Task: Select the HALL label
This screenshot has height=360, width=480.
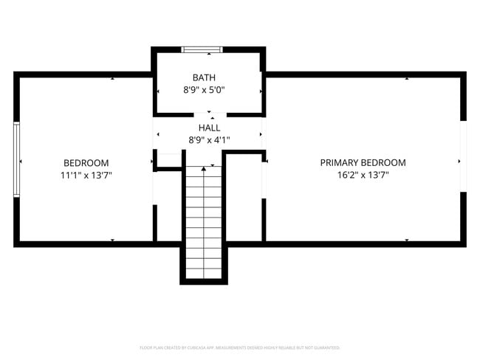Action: (x=208, y=128)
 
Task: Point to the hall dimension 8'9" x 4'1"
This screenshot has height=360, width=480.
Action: (x=208, y=140)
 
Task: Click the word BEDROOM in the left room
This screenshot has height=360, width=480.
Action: (x=86, y=163)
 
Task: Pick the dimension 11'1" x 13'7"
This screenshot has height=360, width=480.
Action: (x=86, y=176)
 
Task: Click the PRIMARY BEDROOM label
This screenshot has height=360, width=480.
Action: (x=363, y=163)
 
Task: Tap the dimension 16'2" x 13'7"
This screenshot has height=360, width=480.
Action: (x=363, y=176)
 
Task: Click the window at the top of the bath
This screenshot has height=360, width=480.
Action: (x=202, y=50)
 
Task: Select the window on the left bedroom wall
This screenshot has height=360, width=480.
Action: (x=16, y=159)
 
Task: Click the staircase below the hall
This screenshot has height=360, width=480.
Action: (x=203, y=221)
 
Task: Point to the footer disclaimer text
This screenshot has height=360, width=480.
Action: (x=240, y=347)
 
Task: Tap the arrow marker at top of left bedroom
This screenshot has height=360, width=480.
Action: (x=112, y=78)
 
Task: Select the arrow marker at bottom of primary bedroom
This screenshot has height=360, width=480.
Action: (x=407, y=240)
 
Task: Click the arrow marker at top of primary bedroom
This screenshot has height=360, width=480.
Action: (x=407, y=78)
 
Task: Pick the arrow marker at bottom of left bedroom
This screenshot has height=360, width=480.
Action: (x=112, y=240)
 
